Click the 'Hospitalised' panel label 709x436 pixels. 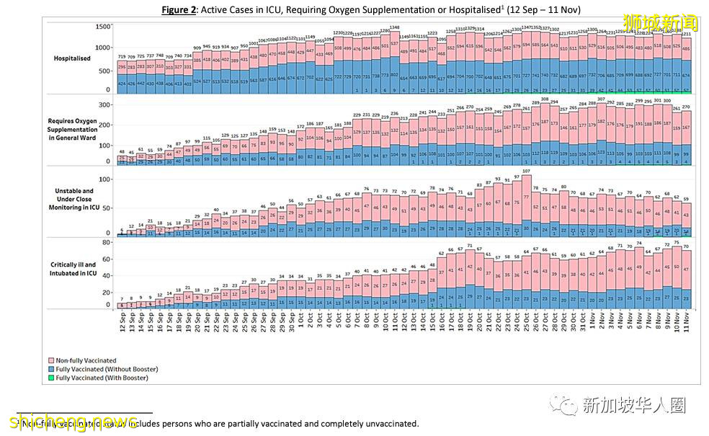[72, 58]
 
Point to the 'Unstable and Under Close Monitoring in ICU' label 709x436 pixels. [71, 200]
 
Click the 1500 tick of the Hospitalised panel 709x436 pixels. [103, 27]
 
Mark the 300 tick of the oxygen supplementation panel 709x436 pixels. [106, 104]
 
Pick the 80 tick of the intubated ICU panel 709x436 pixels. [107, 243]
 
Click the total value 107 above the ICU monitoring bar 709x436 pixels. [526, 172]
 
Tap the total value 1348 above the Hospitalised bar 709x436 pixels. [394, 27]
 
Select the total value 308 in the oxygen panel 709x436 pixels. [545, 99]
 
